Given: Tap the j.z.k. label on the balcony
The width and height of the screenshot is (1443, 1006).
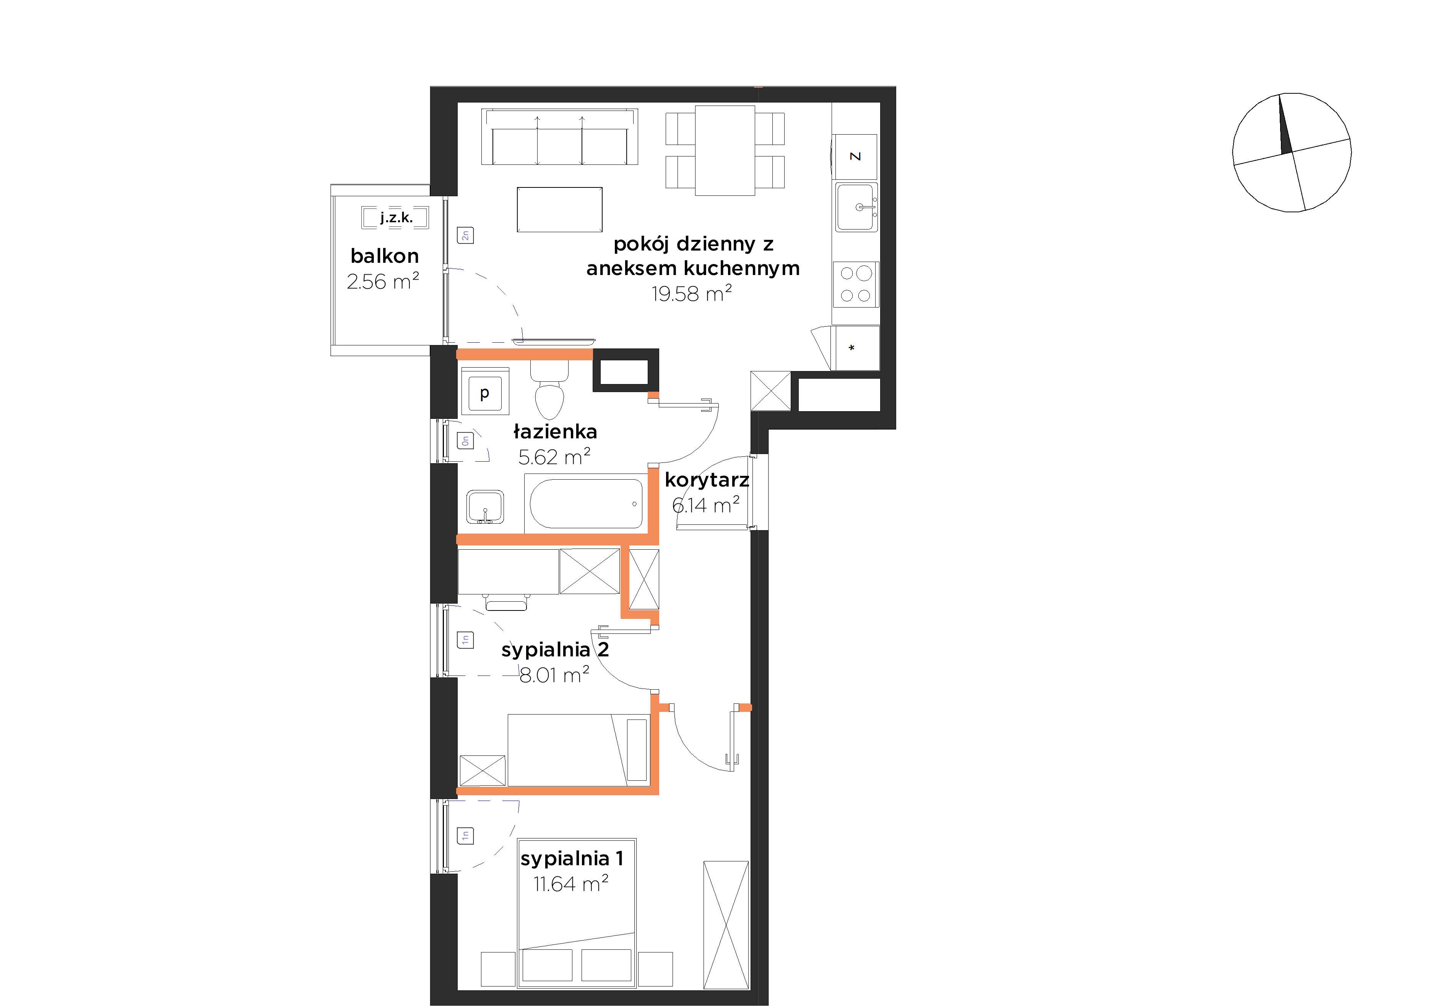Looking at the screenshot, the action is pyautogui.click(x=396, y=218).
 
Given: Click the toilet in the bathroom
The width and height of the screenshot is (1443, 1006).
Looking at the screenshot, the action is pyautogui.click(x=549, y=390).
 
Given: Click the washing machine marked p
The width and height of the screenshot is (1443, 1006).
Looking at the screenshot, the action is pyautogui.click(x=484, y=391).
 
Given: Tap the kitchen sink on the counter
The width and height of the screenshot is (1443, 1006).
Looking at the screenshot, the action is pyautogui.click(x=856, y=207).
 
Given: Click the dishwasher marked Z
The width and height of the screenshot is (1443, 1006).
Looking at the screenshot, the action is pyautogui.click(x=855, y=156).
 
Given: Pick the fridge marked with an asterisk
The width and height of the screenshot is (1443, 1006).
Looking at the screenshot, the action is pyautogui.click(x=855, y=348).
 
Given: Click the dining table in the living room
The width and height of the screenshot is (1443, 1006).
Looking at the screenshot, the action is pyautogui.click(x=725, y=150).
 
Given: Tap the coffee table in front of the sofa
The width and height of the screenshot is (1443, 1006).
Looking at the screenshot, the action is pyautogui.click(x=559, y=209).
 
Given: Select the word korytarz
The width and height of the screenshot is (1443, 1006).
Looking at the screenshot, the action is pyautogui.click(x=707, y=480).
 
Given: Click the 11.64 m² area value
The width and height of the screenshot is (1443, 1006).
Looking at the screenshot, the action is pyautogui.click(x=571, y=883).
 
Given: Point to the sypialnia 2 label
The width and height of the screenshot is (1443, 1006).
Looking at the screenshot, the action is pyautogui.click(x=555, y=650).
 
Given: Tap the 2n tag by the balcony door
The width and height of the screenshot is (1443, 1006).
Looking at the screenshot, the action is pyautogui.click(x=465, y=235).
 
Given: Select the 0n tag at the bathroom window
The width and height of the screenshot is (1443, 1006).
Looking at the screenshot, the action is pyautogui.click(x=465, y=440).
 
